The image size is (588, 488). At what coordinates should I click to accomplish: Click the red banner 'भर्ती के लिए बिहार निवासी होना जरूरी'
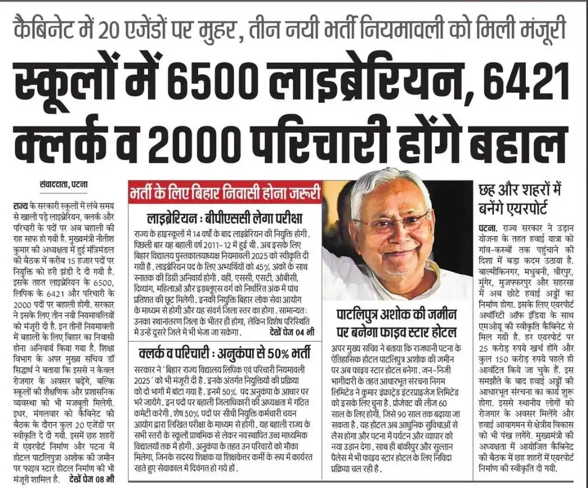[225, 195]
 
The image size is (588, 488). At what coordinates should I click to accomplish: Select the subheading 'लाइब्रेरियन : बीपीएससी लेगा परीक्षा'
[224, 218]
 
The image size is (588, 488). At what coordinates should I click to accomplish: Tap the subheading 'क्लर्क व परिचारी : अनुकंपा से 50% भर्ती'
[225, 353]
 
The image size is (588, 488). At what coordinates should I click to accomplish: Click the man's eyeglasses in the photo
[392, 222]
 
